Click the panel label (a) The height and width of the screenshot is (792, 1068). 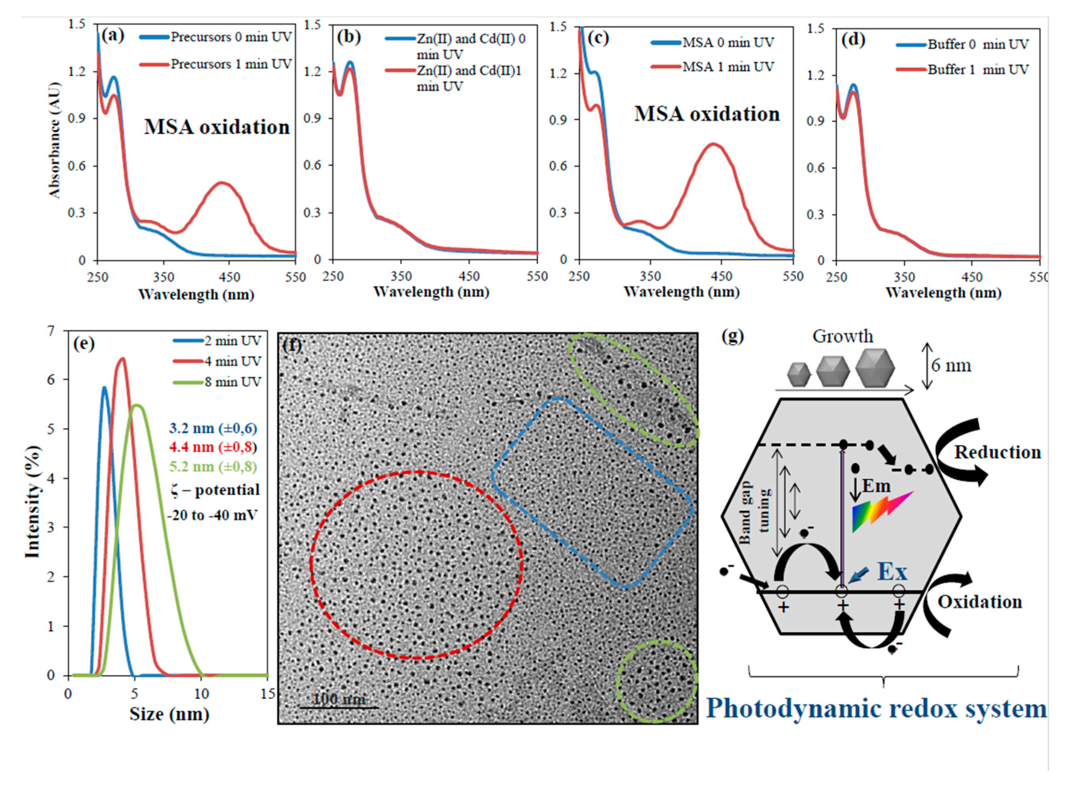click(x=113, y=36)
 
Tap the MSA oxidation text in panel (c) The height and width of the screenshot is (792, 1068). click(x=707, y=114)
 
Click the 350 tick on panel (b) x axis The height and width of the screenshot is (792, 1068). click(x=401, y=276)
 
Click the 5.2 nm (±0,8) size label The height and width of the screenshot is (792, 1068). click(x=213, y=466)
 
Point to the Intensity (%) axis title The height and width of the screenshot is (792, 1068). click(x=32, y=502)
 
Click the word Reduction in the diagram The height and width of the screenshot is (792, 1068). click(x=997, y=452)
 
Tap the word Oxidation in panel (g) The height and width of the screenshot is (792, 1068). click(x=979, y=602)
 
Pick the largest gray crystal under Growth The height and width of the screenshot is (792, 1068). click(x=875, y=368)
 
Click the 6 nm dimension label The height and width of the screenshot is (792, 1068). click(x=951, y=366)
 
